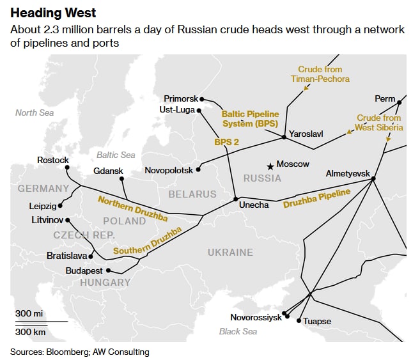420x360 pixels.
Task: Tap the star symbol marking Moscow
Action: tap(271, 166)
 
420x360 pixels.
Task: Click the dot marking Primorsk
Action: tap(202, 98)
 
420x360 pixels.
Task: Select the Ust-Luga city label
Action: tap(176, 110)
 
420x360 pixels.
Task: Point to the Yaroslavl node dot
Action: tap(284, 137)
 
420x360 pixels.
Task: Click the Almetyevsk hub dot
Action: tap(374, 178)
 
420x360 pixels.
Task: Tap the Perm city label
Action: tap(385, 99)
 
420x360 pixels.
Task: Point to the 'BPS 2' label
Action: tap(227, 142)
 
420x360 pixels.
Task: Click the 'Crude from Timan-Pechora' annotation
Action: tap(324, 74)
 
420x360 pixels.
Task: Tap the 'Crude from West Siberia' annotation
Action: tap(379, 123)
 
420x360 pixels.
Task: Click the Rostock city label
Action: tap(53, 160)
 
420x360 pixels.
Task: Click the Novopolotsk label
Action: tap(169, 171)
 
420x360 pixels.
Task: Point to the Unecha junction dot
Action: tap(236, 198)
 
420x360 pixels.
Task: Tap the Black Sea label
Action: tap(238, 331)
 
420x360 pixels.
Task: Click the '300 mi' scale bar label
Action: tap(29, 314)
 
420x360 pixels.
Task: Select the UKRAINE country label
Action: tap(230, 252)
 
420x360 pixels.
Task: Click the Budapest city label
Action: tap(84, 271)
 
